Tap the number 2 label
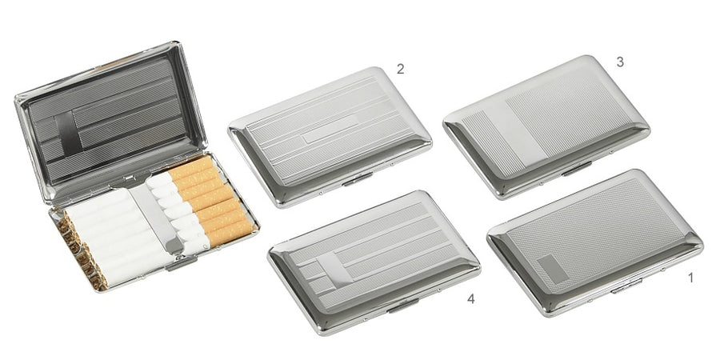[x=400, y=68]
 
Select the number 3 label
[x=619, y=61]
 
